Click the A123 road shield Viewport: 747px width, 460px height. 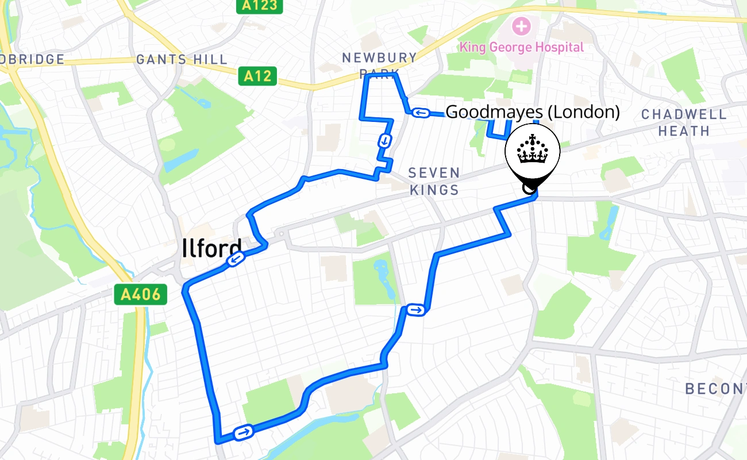[260, 6]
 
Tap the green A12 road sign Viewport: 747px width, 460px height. [257, 76]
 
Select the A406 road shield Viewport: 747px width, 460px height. [140, 295]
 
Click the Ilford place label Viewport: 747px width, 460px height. [211, 249]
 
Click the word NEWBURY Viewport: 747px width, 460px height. [379, 57]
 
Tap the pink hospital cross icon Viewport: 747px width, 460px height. [522, 26]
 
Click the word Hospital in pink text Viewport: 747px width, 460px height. [559, 47]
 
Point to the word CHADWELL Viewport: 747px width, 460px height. [684, 114]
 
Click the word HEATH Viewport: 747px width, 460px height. [684, 131]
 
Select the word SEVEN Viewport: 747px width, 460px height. [434, 172]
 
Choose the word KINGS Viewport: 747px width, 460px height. [434, 190]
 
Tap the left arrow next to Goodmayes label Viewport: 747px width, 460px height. [420, 112]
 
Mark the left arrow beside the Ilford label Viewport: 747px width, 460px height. [235, 260]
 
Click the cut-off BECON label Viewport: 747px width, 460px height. [715, 389]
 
